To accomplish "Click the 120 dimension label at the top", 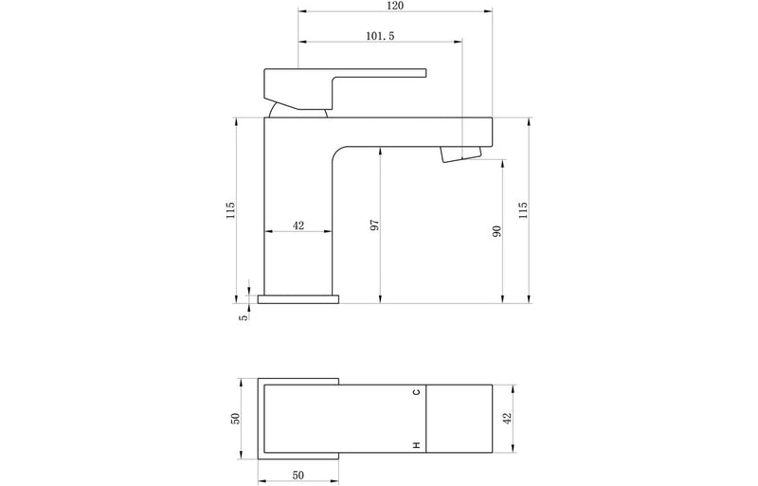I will [x=395, y=7].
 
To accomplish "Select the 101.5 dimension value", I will [x=380, y=35].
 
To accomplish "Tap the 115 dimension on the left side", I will [x=230, y=210].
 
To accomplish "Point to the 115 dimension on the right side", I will [x=523, y=210].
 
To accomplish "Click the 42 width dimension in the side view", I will [x=298, y=225].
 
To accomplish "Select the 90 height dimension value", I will [x=496, y=232].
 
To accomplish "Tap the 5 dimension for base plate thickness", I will [x=244, y=317].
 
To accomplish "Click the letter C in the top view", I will [x=415, y=392].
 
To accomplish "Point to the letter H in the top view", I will [x=415, y=444].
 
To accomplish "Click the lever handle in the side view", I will [x=341, y=76].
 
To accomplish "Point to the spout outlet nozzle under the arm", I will [x=461, y=154].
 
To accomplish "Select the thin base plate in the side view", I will [x=298, y=299].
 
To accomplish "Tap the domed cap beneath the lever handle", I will [x=298, y=111].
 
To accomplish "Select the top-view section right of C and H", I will [x=460, y=418].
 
